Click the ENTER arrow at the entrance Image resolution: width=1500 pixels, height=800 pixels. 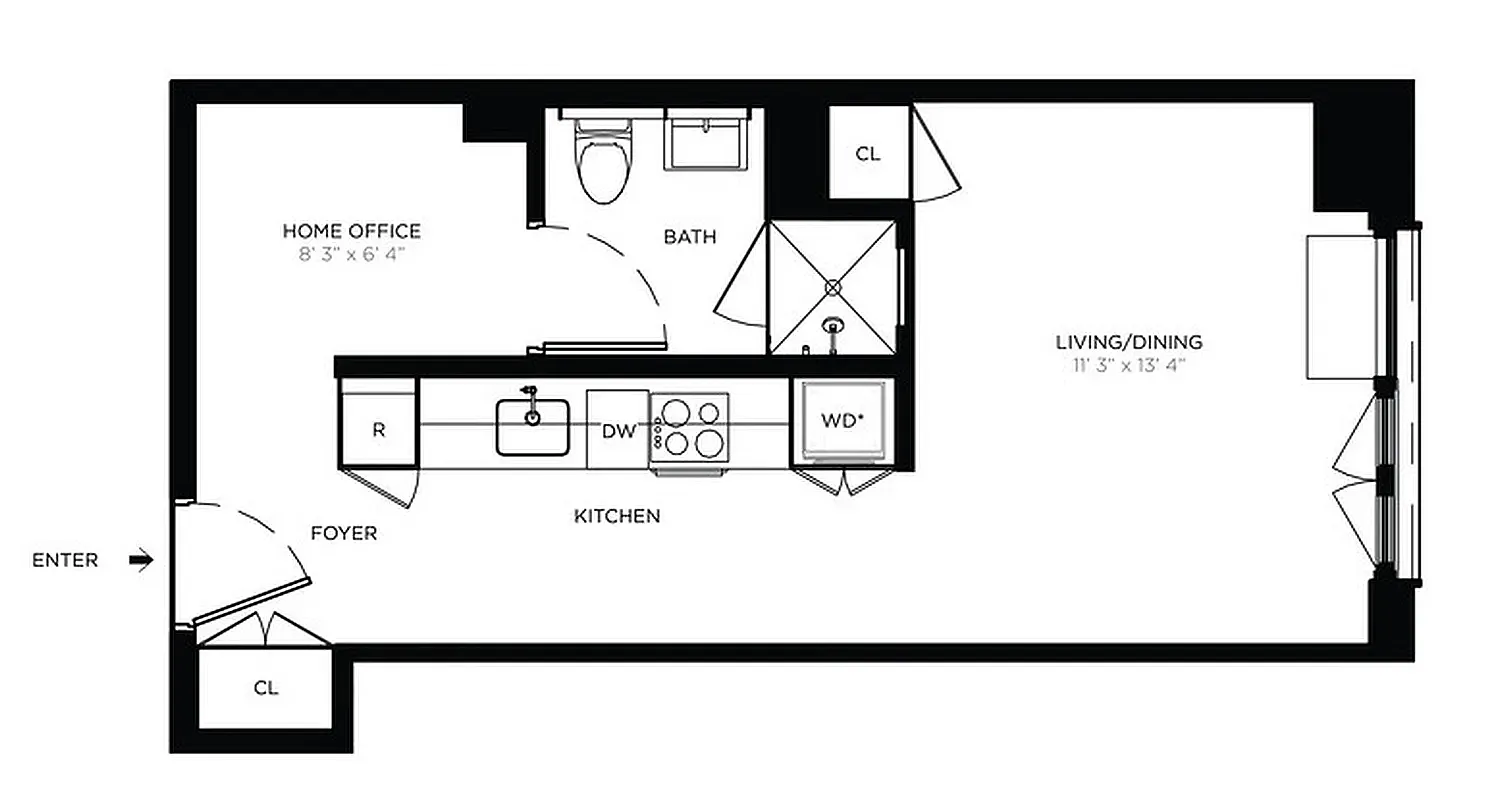pyautogui.click(x=142, y=560)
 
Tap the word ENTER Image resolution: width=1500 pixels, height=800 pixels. pyautogui.click(x=65, y=560)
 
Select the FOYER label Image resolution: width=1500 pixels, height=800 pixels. pyautogui.click(x=343, y=533)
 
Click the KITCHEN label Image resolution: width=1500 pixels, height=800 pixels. pyautogui.click(x=616, y=516)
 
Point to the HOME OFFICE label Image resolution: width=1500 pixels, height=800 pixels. pyautogui.click(x=351, y=231)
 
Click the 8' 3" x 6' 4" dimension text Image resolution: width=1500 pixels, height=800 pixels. pyautogui.click(x=351, y=254)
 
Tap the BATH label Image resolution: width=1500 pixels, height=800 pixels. pyautogui.click(x=690, y=237)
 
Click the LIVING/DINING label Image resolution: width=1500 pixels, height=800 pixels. pyautogui.click(x=1129, y=342)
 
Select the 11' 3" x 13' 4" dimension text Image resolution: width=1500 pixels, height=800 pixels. pyautogui.click(x=1129, y=365)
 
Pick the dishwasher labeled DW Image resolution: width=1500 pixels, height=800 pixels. pyautogui.click(x=618, y=431)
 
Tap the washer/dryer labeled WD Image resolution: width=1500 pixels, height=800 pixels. pyautogui.click(x=842, y=421)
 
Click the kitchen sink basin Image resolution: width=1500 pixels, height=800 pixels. pyautogui.click(x=532, y=427)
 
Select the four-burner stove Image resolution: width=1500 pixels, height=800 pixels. pyautogui.click(x=689, y=427)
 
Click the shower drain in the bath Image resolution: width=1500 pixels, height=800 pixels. pyautogui.click(x=832, y=287)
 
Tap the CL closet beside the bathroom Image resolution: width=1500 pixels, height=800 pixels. pyautogui.click(x=868, y=153)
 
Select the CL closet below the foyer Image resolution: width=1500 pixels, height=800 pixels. pyautogui.click(x=265, y=688)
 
